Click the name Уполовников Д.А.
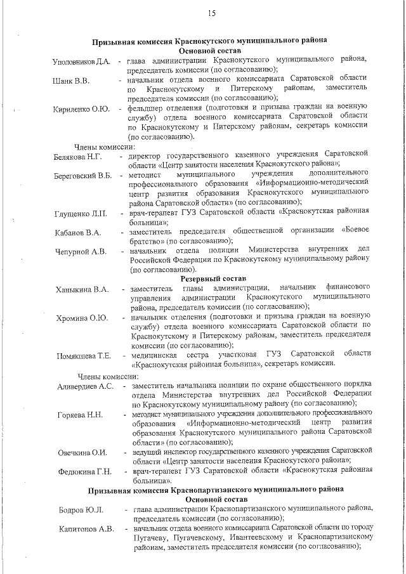(x=82, y=62)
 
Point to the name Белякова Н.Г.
(x=78, y=156)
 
